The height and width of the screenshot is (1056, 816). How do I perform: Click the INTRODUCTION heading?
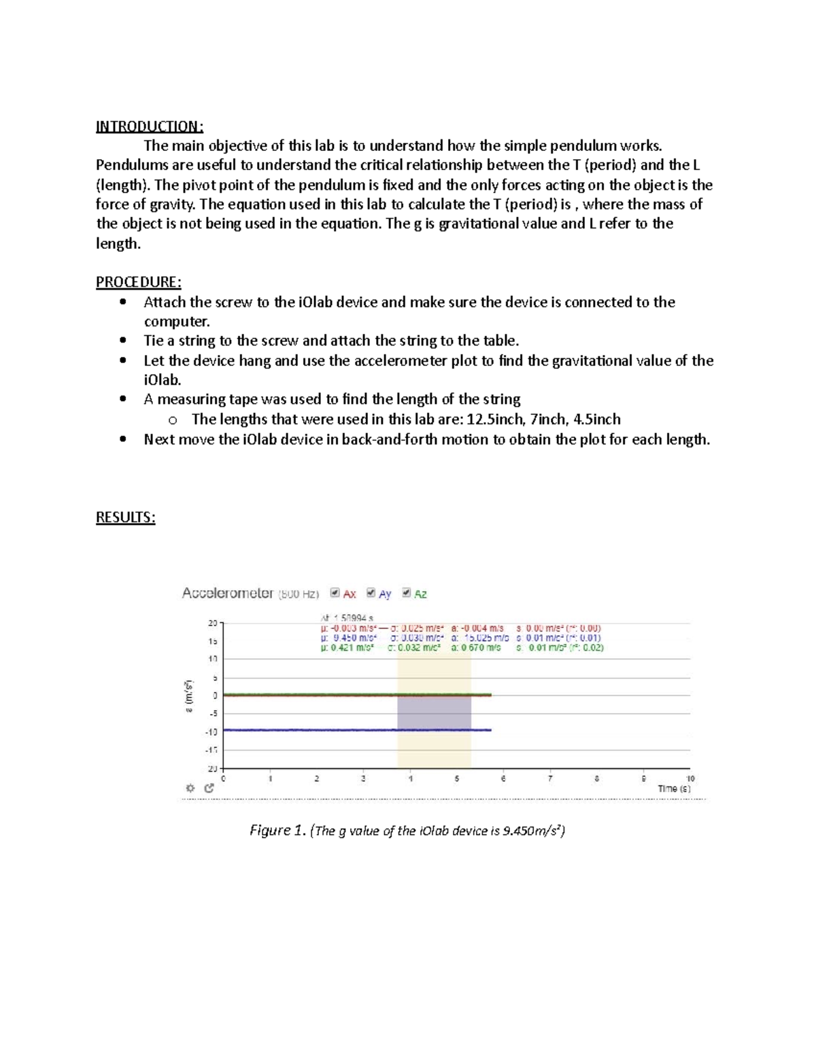click(149, 126)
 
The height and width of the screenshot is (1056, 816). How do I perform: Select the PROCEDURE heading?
click(138, 282)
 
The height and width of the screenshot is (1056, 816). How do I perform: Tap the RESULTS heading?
click(125, 517)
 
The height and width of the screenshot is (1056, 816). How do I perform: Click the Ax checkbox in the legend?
click(335, 593)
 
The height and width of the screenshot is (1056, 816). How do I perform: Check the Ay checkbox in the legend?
click(371, 593)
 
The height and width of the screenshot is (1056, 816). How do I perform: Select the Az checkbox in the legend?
click(407, 593)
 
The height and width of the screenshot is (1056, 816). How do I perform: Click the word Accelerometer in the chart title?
click(227, 593)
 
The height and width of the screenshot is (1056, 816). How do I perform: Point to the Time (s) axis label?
click(674, 789)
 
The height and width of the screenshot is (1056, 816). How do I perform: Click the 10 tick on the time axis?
click(690, 779)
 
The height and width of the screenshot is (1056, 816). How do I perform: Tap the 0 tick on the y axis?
click(215, 696)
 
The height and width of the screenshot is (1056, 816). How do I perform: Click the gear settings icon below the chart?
click(190, 788)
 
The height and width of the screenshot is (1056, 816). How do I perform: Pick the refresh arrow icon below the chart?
click(209, 788)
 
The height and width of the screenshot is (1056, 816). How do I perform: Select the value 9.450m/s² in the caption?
click(531, 830)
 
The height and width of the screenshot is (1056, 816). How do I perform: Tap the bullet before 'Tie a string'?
click(122, 341)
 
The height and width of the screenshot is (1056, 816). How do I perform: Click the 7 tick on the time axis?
click(551, 779)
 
